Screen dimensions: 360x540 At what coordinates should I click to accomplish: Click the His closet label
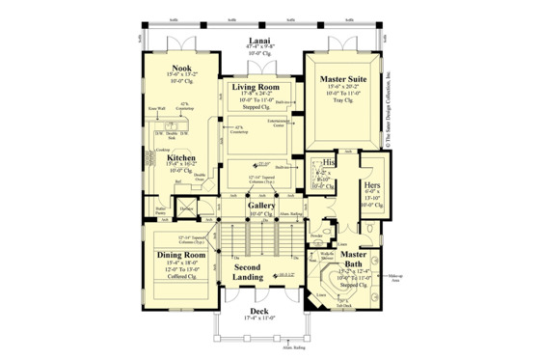(329, 163)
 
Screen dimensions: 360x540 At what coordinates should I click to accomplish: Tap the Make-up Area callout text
(393, 280)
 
